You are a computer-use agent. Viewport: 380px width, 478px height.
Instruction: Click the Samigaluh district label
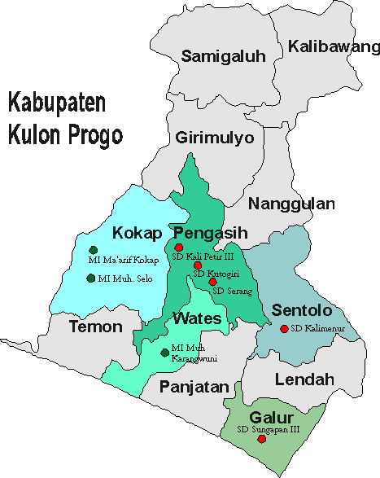(x=217, y=56)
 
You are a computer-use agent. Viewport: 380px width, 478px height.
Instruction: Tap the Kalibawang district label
(x=329, y=46)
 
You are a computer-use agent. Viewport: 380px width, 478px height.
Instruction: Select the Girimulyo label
(x=214, y=138)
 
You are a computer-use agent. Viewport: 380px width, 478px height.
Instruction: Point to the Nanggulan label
(x=291, y=204)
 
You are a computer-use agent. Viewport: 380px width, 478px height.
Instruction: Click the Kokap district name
(x=135, y=231)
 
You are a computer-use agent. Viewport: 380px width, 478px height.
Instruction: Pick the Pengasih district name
(x=205, y=231)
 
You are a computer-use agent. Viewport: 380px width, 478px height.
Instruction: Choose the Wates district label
(x=197, y=318)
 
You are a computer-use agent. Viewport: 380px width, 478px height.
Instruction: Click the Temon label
(x=95, y=327)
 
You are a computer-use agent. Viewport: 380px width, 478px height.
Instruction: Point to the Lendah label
(x=304, y=379)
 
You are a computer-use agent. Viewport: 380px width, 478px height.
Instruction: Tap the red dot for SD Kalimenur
(x=283, y=329)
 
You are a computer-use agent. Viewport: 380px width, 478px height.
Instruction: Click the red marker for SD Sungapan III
(x=261, y=439)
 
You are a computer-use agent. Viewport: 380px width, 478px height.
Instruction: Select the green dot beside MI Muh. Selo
(x=90, y=278)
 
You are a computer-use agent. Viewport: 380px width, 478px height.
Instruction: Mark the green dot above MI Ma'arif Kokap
(x=94, y=249)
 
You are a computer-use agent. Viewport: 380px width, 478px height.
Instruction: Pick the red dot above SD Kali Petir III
(x=179, y=248)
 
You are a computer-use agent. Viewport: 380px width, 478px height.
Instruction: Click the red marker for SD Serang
(x=213, y=281)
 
